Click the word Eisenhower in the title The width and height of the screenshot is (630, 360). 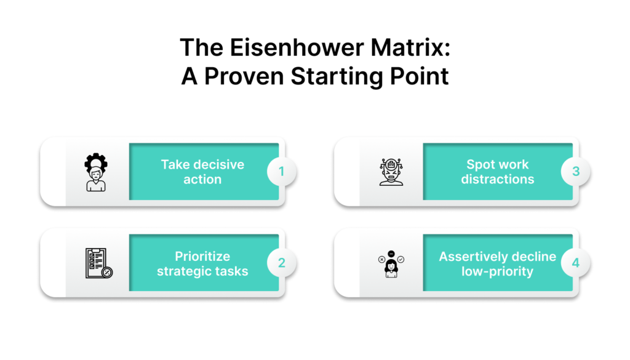(x=297, y=47)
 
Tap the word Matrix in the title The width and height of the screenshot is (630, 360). (x=410, y=47)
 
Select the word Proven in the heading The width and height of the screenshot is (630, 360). (x=244, y=76)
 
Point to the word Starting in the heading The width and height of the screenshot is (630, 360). (x=337, y=76)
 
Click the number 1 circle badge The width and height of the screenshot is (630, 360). (x=282, y=172)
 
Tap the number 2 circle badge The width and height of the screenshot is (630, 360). (x=282, y=263)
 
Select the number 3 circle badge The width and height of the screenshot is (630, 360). (x=576, y=172)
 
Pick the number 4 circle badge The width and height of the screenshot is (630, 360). (x=576, y=263)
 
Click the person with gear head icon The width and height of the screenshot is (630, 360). (x=96, y=172)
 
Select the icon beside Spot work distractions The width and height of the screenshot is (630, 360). (x=391, y=172)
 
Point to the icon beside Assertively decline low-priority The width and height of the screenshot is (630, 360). (x=391, y=263)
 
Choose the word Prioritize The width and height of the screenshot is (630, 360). (x=202, y=257)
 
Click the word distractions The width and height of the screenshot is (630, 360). (x=497, y=179)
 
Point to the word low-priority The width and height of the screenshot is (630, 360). (x=497, y=271)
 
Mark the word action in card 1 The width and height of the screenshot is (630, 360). (x=202, y=179)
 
